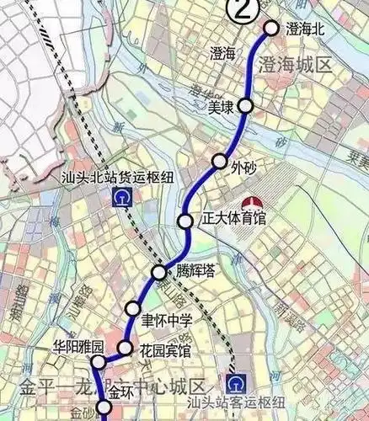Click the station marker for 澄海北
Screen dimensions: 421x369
271,28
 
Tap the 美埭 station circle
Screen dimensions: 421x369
245,105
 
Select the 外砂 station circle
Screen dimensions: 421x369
220,161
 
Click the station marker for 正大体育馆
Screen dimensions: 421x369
185,221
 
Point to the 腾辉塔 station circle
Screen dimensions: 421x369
159,272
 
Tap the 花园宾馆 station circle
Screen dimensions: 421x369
125,348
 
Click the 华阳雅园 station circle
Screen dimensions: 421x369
99,364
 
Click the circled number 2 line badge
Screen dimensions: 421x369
243,11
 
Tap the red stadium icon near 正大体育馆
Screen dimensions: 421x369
250,204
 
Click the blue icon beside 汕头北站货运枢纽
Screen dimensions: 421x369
125,198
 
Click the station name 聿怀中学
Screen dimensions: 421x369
167,320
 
